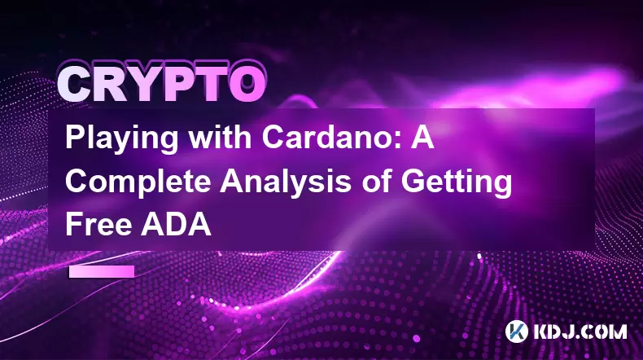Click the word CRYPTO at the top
pyautogui.click(x=162, y=83)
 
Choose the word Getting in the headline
pyautogui.click(x=457, y=183)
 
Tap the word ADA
pyautogui.click(x=176, y=225)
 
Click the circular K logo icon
pyautogui.click(x=516, y=331)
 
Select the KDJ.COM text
pyautogui.click(x=580, y=331)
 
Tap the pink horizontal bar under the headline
pyautogui.click(x=102, y=271)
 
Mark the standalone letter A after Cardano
pyautogui.click(x=422, y=137)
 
